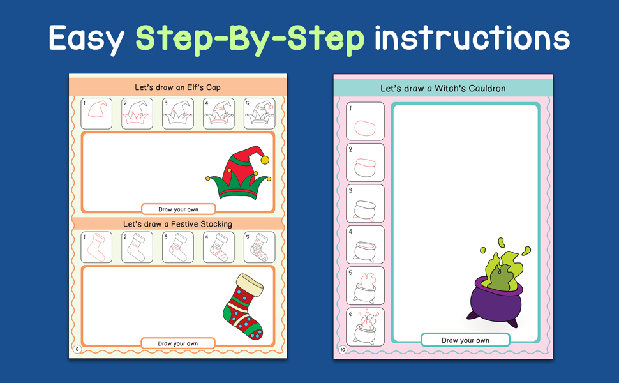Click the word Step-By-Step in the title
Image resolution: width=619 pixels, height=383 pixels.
tap(250, 39)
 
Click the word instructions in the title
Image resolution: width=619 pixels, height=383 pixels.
tap(472, 38)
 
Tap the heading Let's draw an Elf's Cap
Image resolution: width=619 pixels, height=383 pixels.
tap(177, 87)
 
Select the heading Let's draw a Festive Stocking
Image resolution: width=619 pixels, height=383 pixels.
tap(177, 224)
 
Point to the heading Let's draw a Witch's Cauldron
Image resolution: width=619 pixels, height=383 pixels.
tap(443, 89)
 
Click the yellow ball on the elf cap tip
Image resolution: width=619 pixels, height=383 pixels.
tap(265, 160)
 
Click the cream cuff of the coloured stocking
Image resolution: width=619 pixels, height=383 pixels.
tap(250, 285)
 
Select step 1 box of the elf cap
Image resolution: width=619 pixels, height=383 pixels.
tap(96, 114)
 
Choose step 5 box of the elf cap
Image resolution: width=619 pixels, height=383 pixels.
tap(259, 114)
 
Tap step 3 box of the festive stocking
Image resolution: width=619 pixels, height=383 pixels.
tap(178, 247)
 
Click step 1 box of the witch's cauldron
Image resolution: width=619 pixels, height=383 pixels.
tap(365, 121)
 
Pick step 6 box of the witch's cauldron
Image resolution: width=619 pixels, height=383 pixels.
tap(365, 327)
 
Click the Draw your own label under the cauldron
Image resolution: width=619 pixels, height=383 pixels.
tap(465, 340)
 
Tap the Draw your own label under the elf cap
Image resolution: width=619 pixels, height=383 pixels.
tap(179, 209)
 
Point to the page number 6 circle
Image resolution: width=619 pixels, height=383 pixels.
tap(77, 349)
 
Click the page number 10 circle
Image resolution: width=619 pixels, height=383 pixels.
tap(343, 349)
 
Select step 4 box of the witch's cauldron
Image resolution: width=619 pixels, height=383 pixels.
tap(365, 245)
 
